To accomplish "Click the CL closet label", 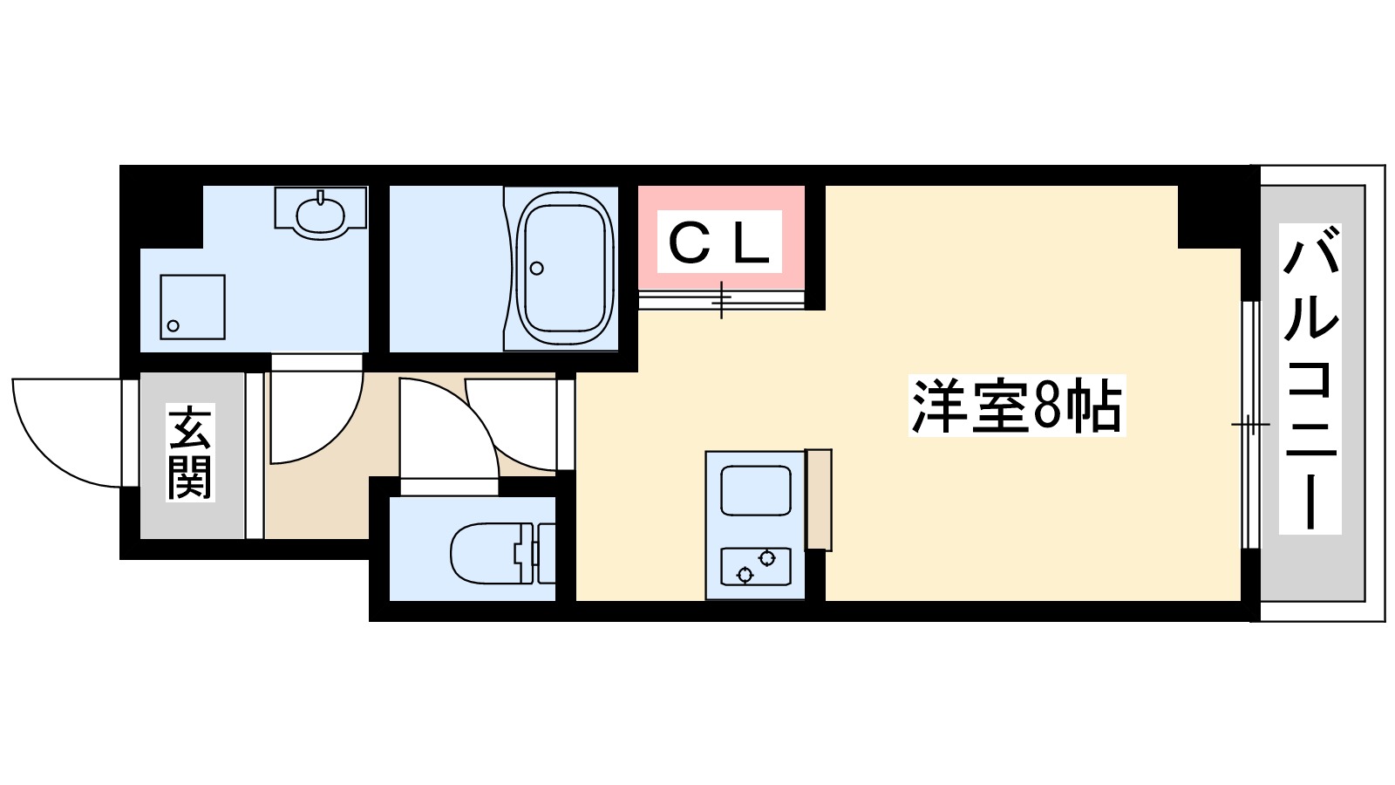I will pyautogui.click(x=719, y=242).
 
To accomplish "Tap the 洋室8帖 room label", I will pyautogui.click(x=1017, y=406).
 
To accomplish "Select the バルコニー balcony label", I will pyautogui.click(x=1310, y=379).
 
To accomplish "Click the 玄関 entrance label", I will pyautogui.click(x=191, y=453).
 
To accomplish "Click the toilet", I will pyautogui.click(x=493, y=552).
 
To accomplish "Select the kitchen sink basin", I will pyautogui.click(x=755, y=491).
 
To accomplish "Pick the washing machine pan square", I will pyautogui.click(x=193, y=307).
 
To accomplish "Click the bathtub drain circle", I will pyautogui.click(x=537, y=268).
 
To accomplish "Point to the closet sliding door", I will pyautogui.click(x=721, y=300).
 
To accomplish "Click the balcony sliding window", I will pyautogui.click(x=1250, y=425).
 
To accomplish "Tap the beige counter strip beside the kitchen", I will pyautogui.click(x=818, y=500).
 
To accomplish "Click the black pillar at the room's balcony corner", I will pyautogui.click(x=1208, y=216).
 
